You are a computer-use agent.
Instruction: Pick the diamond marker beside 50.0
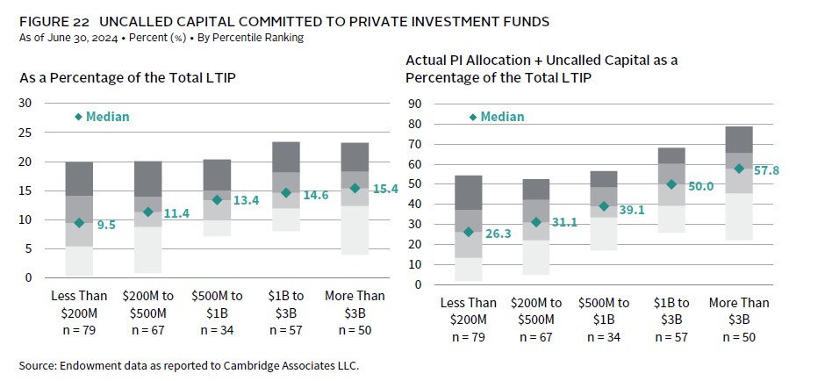[x=672, y=184]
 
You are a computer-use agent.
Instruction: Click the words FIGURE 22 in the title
[x=50, y=20]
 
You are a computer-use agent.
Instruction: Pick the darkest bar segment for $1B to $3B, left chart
[x=286, y=157]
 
